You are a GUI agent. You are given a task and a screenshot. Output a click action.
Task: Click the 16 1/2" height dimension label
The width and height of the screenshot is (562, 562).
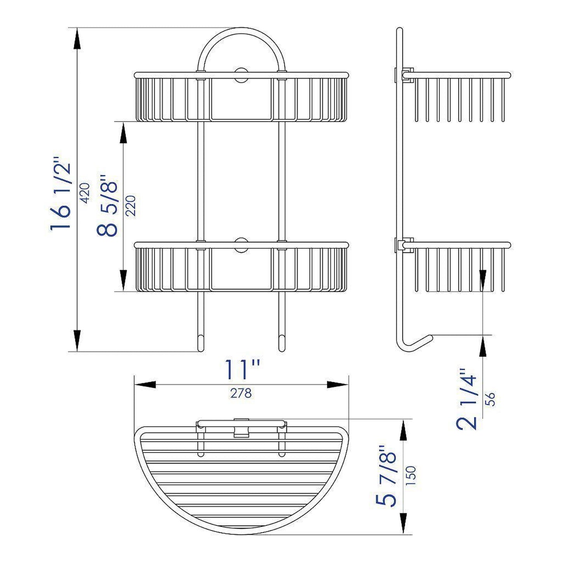pos(61,194)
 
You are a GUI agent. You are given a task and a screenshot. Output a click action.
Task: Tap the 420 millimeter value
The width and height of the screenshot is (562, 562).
pos(84,193)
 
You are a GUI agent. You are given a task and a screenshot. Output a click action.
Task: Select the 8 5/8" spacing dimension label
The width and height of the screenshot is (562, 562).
pos(107,205)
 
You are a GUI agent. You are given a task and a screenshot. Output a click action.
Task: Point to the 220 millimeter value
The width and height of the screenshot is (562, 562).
pos(130,206)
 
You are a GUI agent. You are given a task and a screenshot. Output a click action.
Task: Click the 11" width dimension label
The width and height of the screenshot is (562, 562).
pos(242,369)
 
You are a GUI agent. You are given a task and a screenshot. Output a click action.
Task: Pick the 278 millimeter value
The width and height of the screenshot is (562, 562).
pos(241,393)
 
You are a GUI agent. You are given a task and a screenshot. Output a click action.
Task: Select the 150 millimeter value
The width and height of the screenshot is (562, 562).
pos(410,476)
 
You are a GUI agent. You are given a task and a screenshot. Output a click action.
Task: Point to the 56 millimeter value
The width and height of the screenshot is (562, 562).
pos(491,399)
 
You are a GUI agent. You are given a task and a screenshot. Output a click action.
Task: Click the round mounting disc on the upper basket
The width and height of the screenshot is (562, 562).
pos(242,75)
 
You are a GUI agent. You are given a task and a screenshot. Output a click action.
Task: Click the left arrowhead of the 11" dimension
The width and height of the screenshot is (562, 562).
pos(144,385)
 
